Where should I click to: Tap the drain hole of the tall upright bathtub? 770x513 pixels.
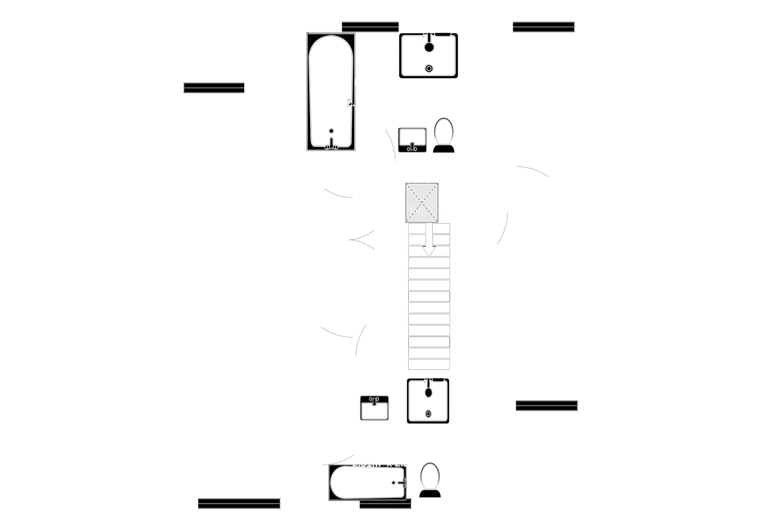click(x=331, y=131)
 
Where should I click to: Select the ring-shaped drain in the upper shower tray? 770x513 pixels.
click(x=429, y=69)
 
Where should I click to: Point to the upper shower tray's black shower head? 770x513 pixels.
click(x=429, y=47)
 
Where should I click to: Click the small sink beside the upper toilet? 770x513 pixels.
click(x=412, y=139)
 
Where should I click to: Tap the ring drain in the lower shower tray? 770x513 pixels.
click(x=428, y=414)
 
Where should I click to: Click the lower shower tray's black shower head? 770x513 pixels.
click(x=429, y=392)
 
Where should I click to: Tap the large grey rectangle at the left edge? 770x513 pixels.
click(x=70, y=96)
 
